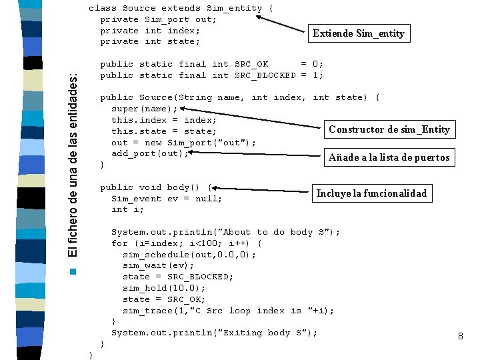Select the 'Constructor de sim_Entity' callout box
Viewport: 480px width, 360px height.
pos(389,129)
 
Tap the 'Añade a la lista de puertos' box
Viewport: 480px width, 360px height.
pos(389,158)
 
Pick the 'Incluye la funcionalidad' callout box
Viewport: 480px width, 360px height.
pos(371,193)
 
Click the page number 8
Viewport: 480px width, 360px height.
pos(460,337)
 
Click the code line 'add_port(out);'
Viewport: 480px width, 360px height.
pos(150,153)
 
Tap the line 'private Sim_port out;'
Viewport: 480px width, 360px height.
pos(158,19)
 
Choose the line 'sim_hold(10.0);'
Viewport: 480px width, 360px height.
pos(164,288)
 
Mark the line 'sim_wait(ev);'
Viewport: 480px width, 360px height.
pos(158,265)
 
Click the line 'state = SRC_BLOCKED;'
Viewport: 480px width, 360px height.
pos(178,277)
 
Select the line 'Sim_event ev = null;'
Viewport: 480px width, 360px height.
pos(167,198)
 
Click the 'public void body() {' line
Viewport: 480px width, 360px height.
pos(155,187)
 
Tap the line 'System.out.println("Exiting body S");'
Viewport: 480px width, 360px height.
pos(214,333)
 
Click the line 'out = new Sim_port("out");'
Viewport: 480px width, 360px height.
pos(183,142)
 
